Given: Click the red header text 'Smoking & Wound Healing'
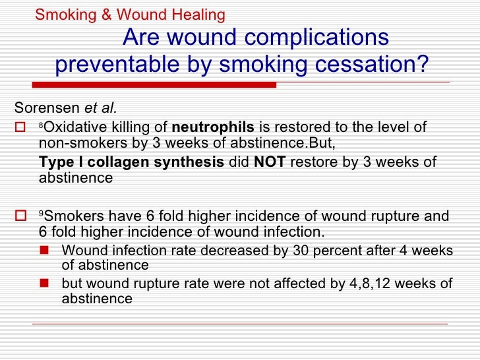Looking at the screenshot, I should tap(130, 14).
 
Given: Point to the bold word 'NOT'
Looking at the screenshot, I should tap(270, 162).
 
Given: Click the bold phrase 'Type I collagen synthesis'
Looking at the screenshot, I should tap(131, 162).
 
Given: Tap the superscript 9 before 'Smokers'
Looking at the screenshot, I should tap(41, 214).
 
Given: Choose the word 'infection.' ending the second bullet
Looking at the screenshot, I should tap(295, 231).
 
